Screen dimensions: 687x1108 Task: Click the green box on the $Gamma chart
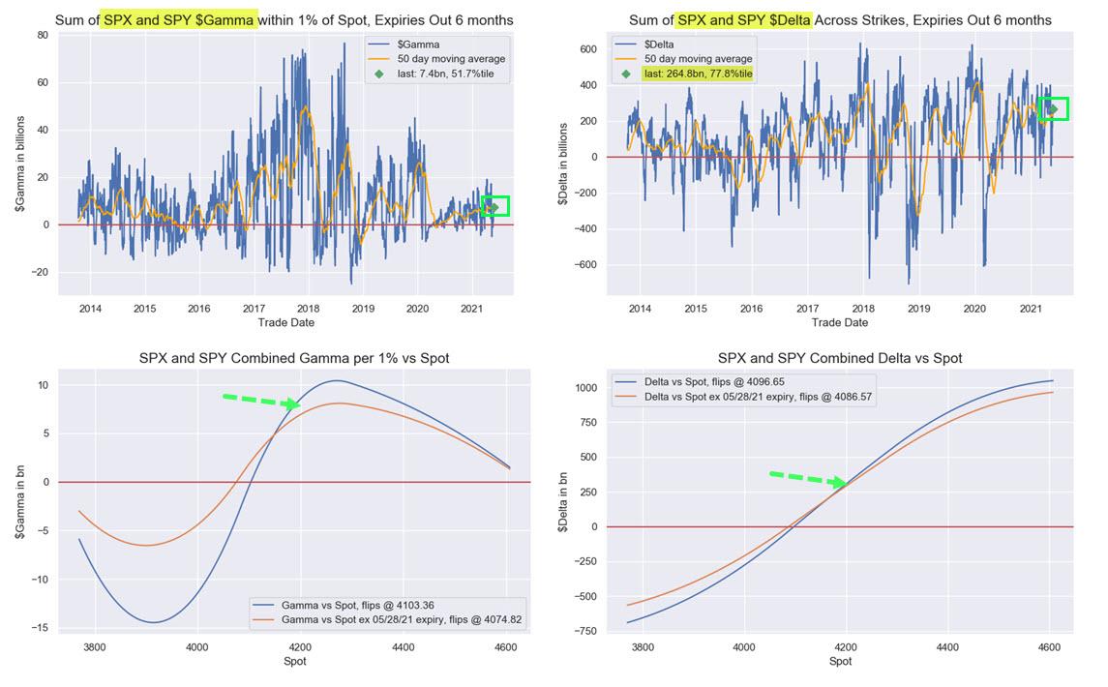pyautogui.click(x=494, y=206)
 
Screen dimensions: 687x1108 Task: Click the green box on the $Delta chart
pyautogui.click(x=1052, y=108)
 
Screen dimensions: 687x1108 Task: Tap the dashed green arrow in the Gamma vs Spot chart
pyautogui.click(x=260, y=401)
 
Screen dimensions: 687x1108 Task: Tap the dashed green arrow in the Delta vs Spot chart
pyautogui.click(x=807, y=479)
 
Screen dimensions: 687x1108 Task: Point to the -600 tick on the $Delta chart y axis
pyautogui.click(x=583, y=264)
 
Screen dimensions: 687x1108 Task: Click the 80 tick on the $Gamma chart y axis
pyautogui.click(x=42, y=35)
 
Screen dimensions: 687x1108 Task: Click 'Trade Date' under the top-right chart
pyautogui.click(x=840, y=322)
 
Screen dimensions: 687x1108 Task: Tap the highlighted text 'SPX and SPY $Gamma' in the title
pyautogui.click(x=179, y=19)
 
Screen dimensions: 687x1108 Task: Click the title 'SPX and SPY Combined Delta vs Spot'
pyautogui.click(x=840, y=358)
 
